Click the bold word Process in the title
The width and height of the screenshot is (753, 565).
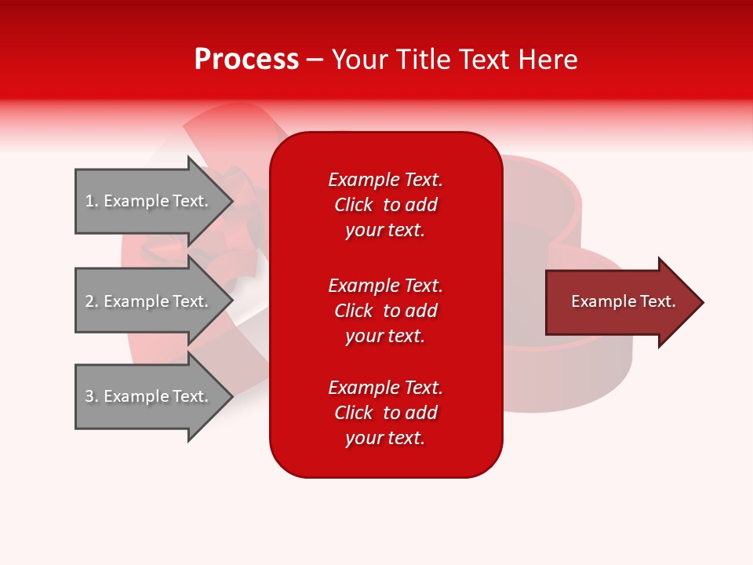246,60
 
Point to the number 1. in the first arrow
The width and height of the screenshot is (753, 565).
92,201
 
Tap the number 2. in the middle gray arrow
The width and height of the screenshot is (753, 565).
92,301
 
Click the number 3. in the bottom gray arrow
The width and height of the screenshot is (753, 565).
92,396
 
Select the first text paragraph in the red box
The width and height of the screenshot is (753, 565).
385,205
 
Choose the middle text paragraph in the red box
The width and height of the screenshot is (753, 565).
385,311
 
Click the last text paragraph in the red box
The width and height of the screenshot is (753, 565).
385,413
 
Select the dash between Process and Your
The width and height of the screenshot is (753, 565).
315,60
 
